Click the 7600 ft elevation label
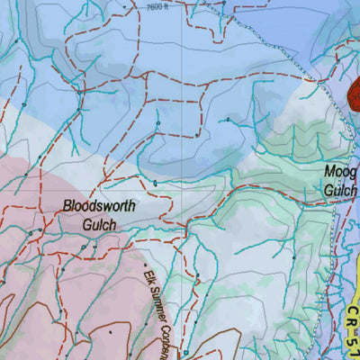click(x=158, y=6)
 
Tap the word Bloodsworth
click(x=99, y=206)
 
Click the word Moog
click(x=341, y=170)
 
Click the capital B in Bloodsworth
click(x=67, y=206)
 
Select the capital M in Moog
click(x=328, y=170)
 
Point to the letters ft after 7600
click(x=166, y=6)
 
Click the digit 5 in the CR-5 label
click(x=352, y=342)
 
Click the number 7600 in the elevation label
click(x=154, y=6)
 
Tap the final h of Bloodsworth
click(x=131, y=206)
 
